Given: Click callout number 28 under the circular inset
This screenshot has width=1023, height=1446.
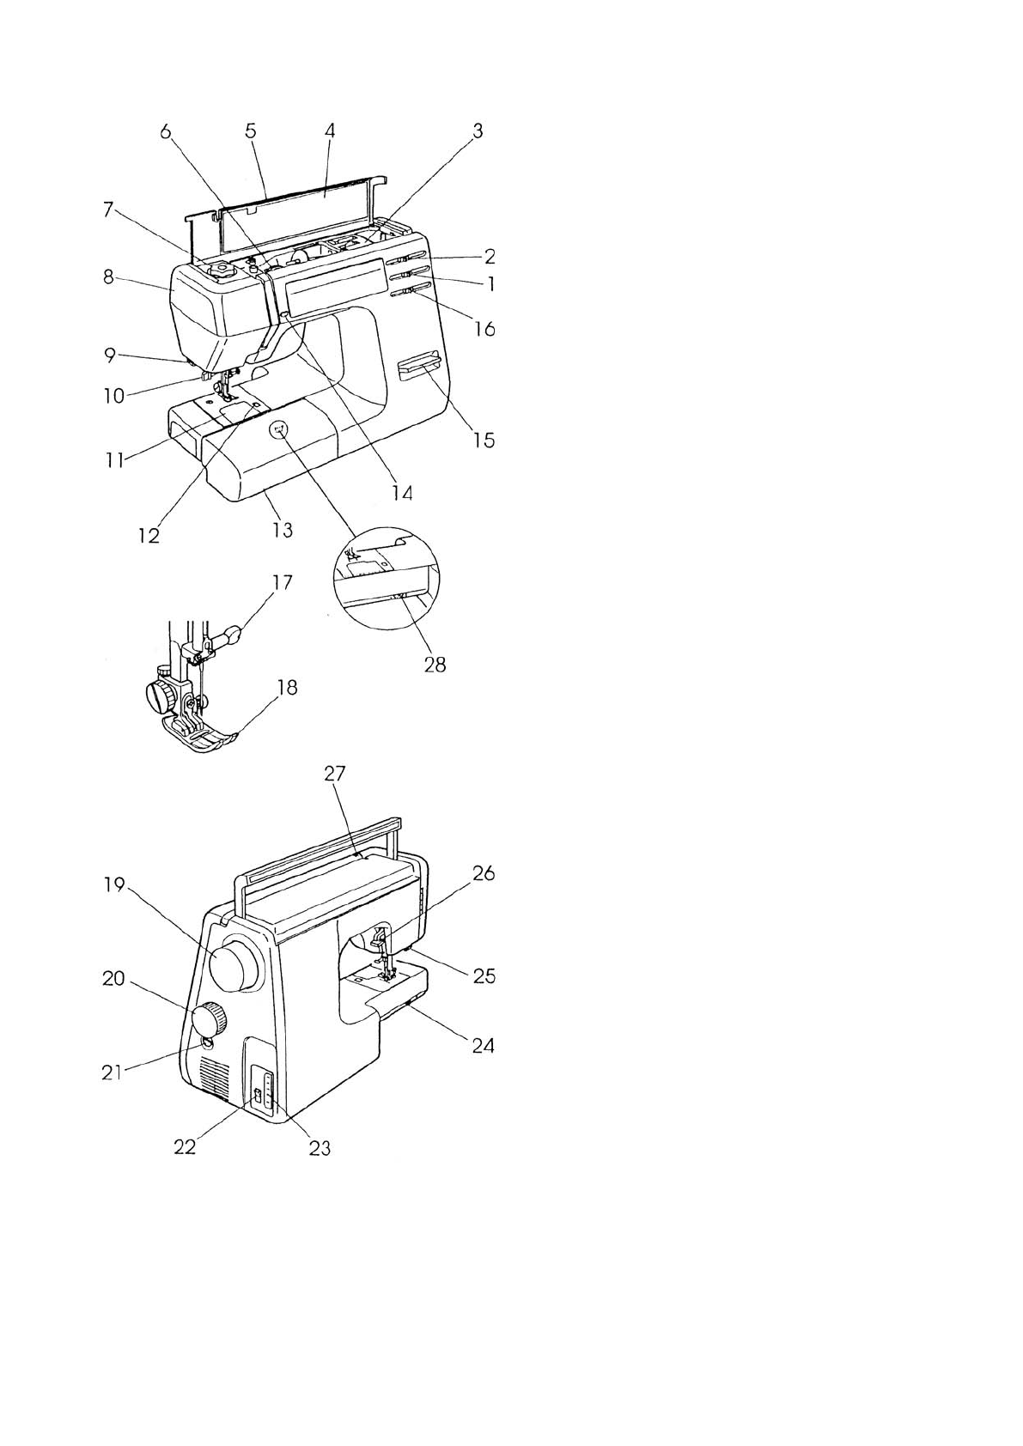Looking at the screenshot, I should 435,664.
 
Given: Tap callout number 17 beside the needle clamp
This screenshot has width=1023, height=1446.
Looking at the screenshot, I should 282,582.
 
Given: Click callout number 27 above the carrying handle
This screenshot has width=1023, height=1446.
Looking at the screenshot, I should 334,773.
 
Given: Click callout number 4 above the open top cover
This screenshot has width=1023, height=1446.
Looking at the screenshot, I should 329,131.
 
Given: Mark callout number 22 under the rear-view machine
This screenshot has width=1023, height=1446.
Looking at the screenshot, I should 185,1146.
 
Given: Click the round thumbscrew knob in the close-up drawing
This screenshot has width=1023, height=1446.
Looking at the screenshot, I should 161,696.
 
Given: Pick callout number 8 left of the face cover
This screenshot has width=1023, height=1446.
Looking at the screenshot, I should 108,278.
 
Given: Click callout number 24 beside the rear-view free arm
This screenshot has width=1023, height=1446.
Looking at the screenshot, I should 484,1045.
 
